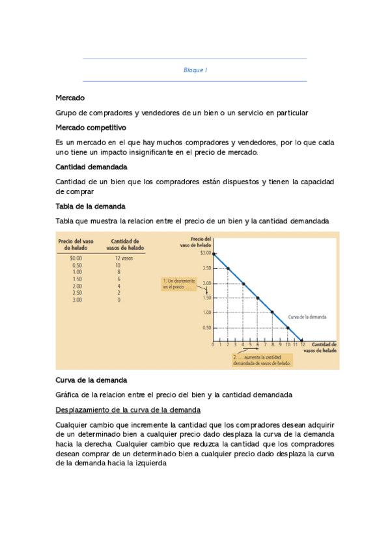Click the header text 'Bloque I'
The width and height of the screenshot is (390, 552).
point(195,70)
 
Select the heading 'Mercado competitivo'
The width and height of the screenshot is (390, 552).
point(91,128)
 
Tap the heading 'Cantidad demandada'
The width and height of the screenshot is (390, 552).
point(91,167)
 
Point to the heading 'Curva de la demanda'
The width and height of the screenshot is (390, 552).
point(91,380)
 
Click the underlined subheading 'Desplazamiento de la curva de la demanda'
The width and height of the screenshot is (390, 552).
point(128,409)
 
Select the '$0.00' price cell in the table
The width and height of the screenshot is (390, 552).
point(76,258)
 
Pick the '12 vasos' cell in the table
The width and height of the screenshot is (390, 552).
point(123,258)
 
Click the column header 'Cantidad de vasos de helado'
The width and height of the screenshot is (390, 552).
point(125,244)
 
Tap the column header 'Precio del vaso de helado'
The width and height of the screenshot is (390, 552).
point(76,244)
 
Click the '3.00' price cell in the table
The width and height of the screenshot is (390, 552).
point(77,300)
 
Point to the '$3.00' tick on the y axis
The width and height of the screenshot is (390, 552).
point(206,253)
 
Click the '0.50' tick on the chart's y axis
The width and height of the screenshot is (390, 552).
point(206,327)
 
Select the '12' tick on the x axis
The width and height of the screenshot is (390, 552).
point(302,345)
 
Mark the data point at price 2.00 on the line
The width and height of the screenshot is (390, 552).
point(243,283)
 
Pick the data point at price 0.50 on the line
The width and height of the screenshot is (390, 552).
point(287,327)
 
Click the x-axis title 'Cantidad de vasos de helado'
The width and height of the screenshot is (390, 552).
point(324,347)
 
